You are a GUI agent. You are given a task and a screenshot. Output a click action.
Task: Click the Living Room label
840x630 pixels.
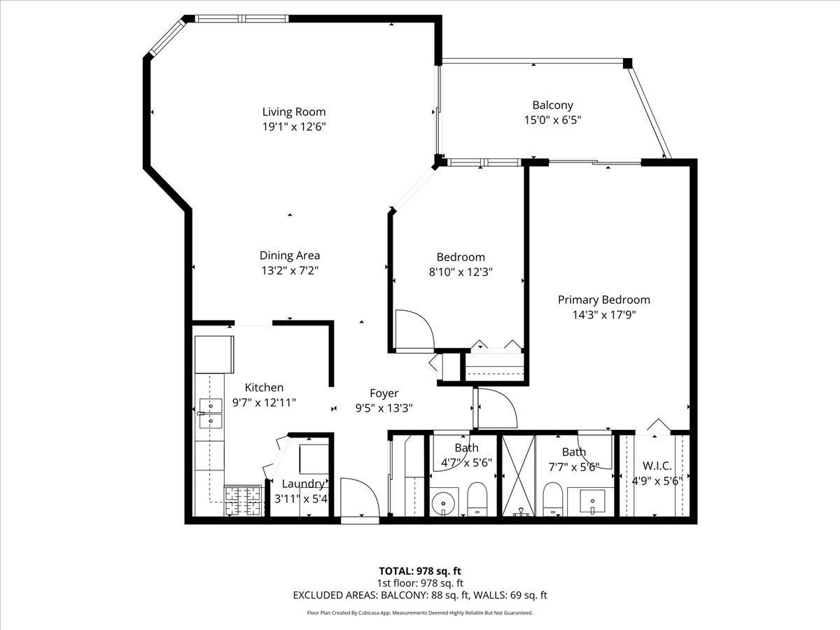[293, 111]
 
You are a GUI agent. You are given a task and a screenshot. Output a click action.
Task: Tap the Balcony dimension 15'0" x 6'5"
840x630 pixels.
[552, 120]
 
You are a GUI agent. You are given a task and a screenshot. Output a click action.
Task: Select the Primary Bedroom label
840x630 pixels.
[603, 300]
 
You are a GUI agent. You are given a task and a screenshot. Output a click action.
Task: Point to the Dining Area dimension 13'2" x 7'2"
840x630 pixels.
[289, 270]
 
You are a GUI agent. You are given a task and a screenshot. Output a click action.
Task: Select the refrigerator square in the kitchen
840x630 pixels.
[213, 354]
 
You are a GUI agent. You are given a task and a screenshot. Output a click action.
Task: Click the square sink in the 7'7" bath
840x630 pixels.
[592, 501]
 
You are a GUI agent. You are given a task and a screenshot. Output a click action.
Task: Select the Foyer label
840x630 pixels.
[384, 393]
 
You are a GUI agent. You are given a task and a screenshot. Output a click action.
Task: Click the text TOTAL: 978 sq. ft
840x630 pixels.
[419, 570]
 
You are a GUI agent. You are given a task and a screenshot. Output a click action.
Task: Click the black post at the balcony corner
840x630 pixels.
[627, 63]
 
